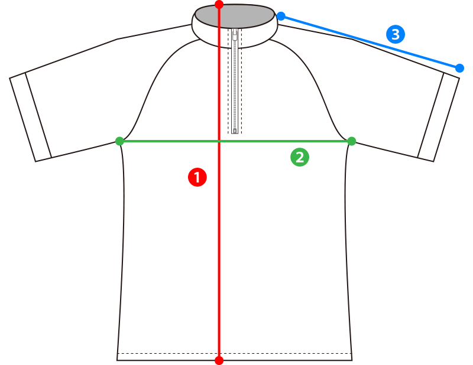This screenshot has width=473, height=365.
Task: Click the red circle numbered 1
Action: pyautogui.click(x=197, y=177)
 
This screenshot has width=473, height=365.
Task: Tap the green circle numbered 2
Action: pyautogui.click(x=300, y=157)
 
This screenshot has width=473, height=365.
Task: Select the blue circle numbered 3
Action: pyautogui.click(x=396, y=34)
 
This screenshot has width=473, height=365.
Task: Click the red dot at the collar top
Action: pyautogui.click(x=219, y=5)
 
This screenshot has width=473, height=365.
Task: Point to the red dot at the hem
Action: pyautogui.click(x=219, y=360)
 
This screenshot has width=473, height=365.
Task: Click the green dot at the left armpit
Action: pyautogui.click(x=120, y=141)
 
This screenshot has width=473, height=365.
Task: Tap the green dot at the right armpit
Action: pyautogui.click(x=352, y=141)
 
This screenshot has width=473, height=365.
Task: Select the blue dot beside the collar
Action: pyautogui.click(x=281, y=17)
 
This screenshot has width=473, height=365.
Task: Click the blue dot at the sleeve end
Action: pyautogui.click(x=459, y=68)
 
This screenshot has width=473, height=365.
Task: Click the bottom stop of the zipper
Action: pyautogui.click(x=235, y=131)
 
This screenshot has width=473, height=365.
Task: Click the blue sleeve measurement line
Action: pyautogui.click(x=371, y=42)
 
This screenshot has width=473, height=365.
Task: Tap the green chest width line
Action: pyautogui.click(x=235, y=141)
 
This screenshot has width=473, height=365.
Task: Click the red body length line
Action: pyautogui.click(x=219, y=182)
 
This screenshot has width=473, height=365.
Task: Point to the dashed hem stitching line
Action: pyautogui.click(x=235, y=353)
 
